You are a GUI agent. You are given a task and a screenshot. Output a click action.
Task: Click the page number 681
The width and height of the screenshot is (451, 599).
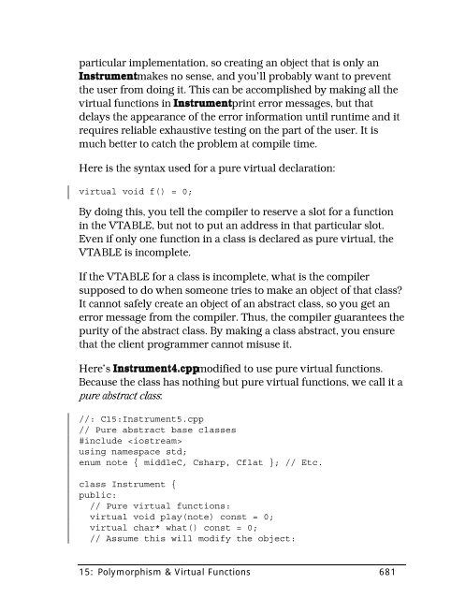[x=391, y=574]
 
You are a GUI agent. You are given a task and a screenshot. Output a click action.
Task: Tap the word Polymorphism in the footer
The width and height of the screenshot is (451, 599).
[x=135, y=574]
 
